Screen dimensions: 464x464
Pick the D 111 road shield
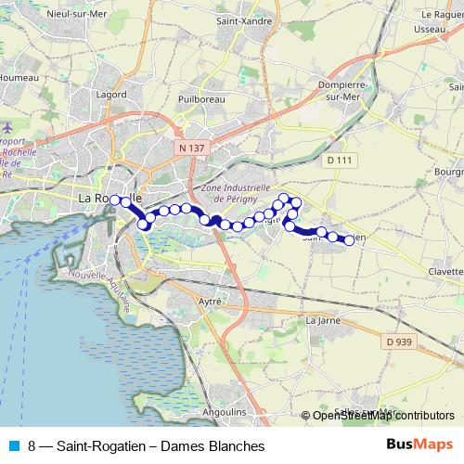pos(341,160)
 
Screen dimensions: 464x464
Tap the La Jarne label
pos(322,320)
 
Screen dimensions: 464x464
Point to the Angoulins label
pos(222,410)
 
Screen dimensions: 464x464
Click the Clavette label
pos(446,272)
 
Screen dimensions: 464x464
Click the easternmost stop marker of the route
pos(350,240)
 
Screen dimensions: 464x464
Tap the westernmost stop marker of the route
pos(114,200)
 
